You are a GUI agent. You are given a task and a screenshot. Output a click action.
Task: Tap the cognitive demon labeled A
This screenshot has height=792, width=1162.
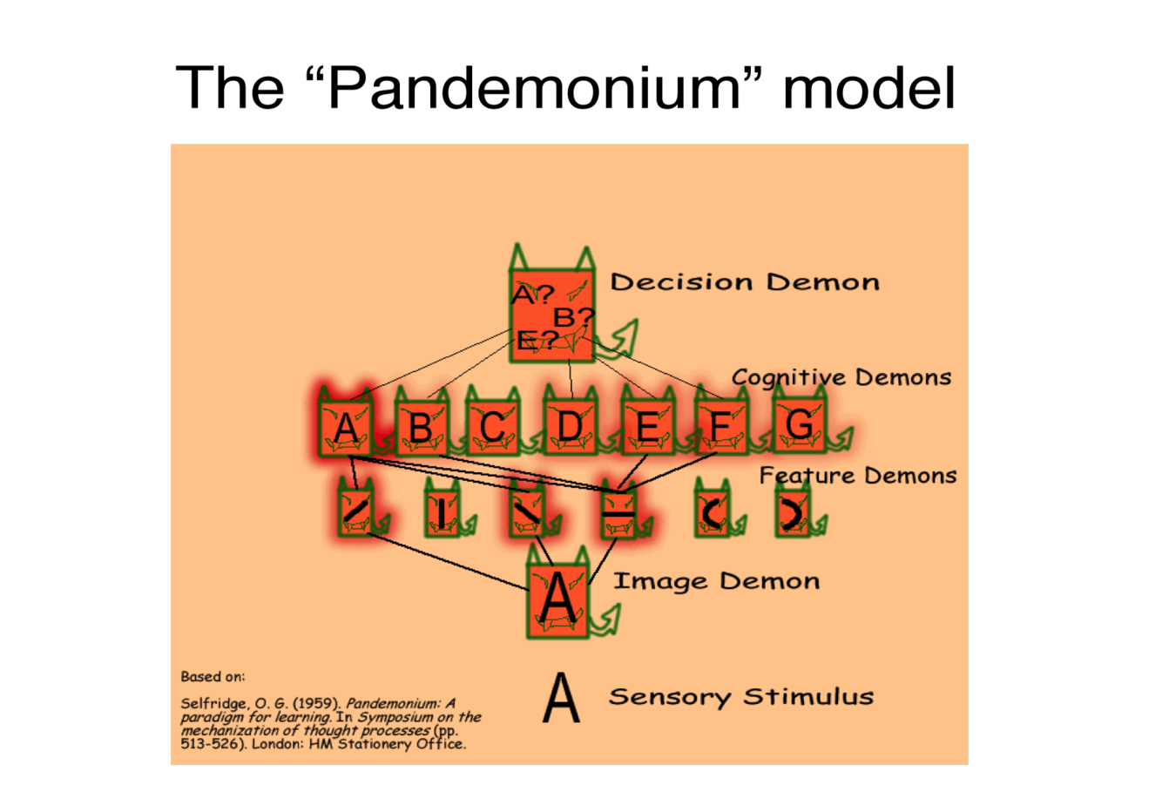(346, 428)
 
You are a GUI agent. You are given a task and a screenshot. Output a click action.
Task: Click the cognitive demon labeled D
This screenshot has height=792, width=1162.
(570, 427)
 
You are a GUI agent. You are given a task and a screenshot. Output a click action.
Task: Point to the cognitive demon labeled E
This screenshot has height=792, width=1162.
(647, 427)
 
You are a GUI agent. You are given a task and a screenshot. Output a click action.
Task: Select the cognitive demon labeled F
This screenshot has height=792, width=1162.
(719, 427)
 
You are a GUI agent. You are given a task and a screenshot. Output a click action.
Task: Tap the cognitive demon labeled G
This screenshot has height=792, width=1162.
(799, 425)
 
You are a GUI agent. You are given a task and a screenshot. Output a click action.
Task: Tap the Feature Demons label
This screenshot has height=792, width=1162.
(857, 476)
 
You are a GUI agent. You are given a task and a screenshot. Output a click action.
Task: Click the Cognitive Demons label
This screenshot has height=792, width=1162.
(841, 377)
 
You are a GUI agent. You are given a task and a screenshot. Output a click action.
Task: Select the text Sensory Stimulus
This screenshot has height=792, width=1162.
(740, 697)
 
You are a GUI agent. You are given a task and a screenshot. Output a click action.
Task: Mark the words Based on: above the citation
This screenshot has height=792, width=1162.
(213, 676)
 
